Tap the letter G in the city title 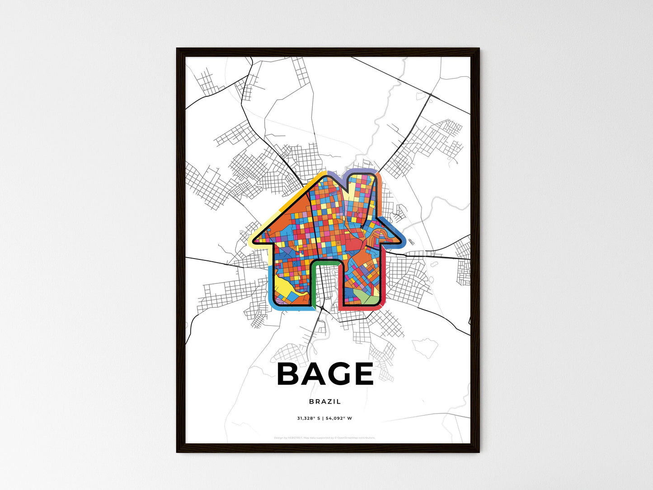click(337, 374)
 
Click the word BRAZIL click(325, 401)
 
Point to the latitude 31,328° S click(308, 418)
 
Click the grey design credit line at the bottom click(324, 438)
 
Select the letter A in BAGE click(313, 374)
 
